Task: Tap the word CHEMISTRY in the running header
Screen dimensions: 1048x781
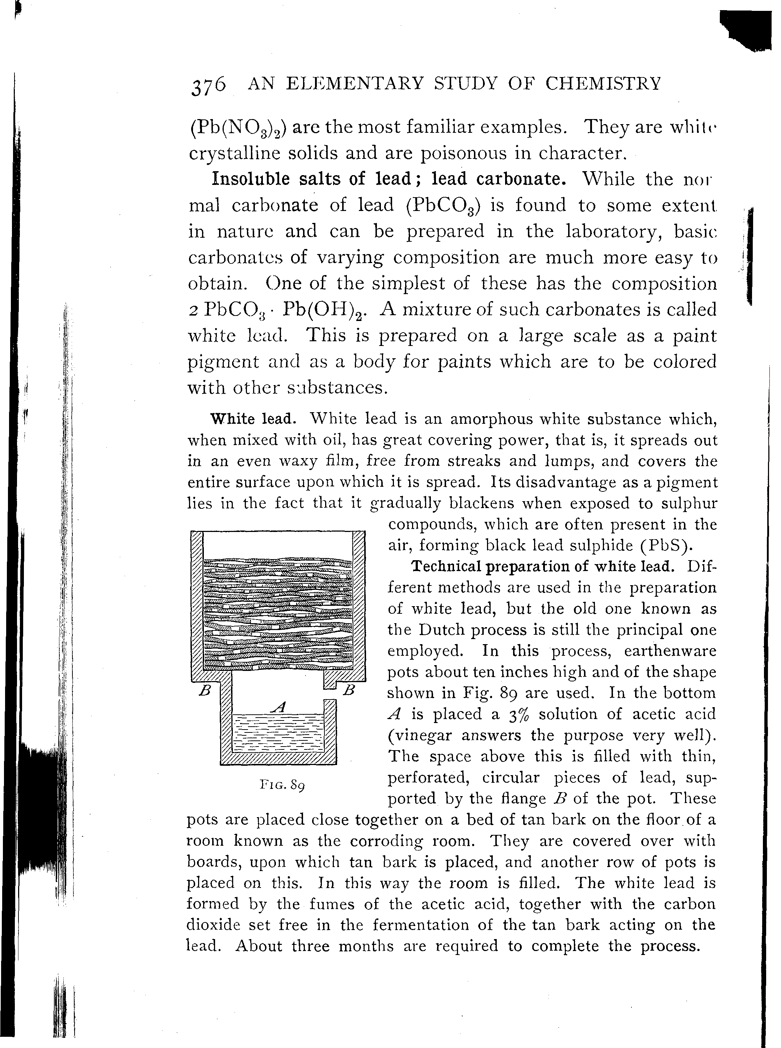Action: point(603,84)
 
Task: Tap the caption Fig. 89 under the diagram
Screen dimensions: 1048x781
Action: point(282,785)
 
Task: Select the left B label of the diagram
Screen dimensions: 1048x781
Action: point(204,691)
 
